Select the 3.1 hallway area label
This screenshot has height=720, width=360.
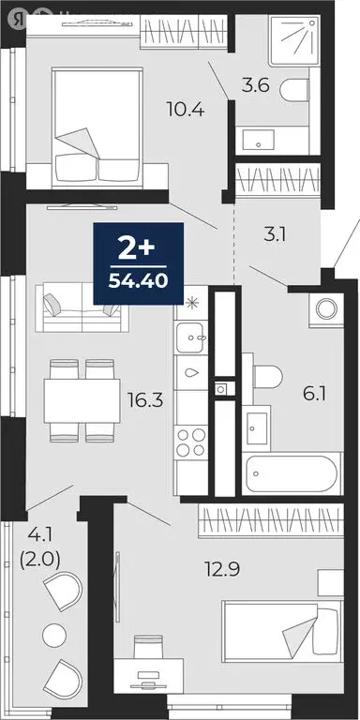[274, 234]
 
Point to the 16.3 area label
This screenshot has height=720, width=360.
[145, 401]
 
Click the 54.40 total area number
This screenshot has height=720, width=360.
[138, 278]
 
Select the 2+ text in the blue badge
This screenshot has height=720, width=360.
[137, 249]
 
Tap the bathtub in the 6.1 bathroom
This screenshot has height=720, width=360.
[288, 474]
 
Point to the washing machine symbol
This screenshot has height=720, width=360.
[328, 308]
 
